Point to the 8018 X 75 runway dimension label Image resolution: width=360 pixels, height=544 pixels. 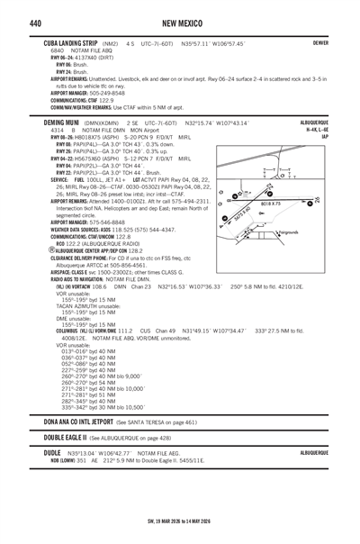pyautogui.click(x=280, y=204)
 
